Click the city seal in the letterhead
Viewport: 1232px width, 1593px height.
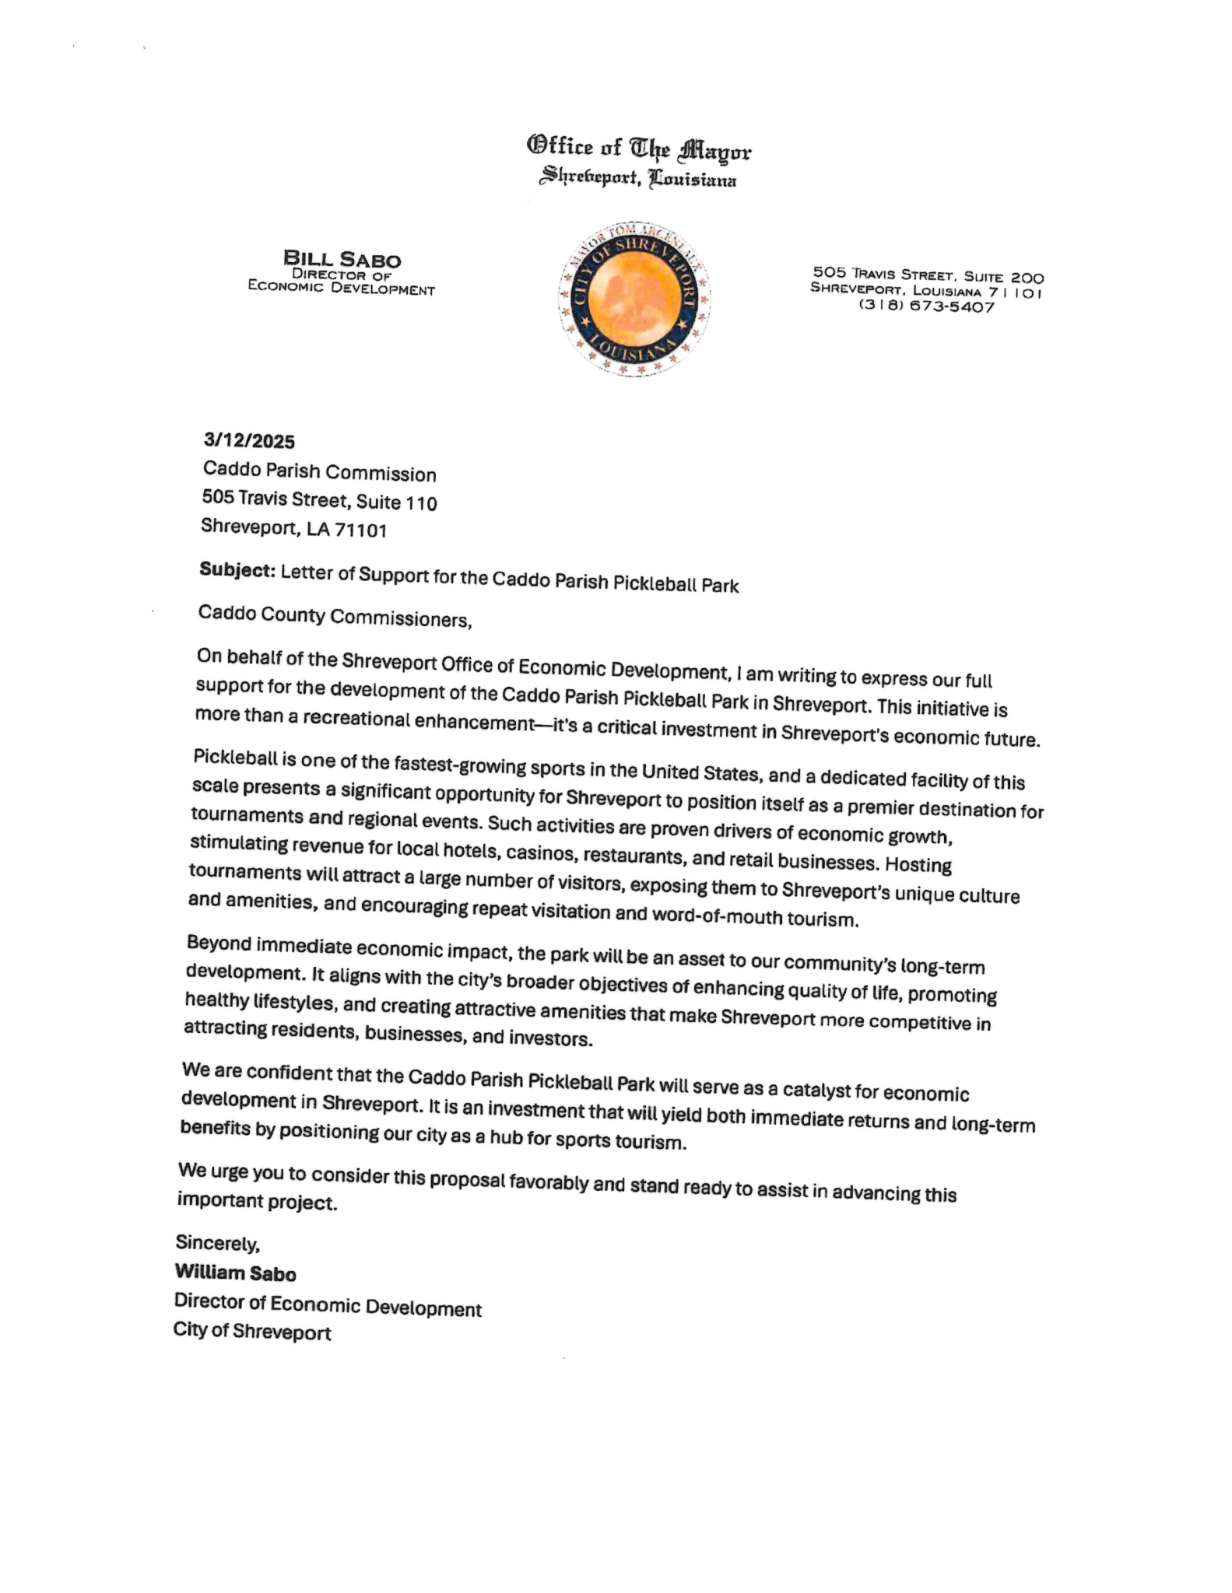634,299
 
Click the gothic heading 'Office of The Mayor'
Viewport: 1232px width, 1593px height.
639,148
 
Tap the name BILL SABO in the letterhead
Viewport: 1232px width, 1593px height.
342,258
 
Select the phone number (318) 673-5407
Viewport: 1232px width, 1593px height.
926,306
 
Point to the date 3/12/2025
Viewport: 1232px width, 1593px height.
249,442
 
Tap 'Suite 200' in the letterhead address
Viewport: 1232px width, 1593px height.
1003,276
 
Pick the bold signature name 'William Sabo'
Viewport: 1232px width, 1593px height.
235,1273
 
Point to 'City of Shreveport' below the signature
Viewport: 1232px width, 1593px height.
252,1332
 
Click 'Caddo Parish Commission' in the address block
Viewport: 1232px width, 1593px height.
319,472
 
